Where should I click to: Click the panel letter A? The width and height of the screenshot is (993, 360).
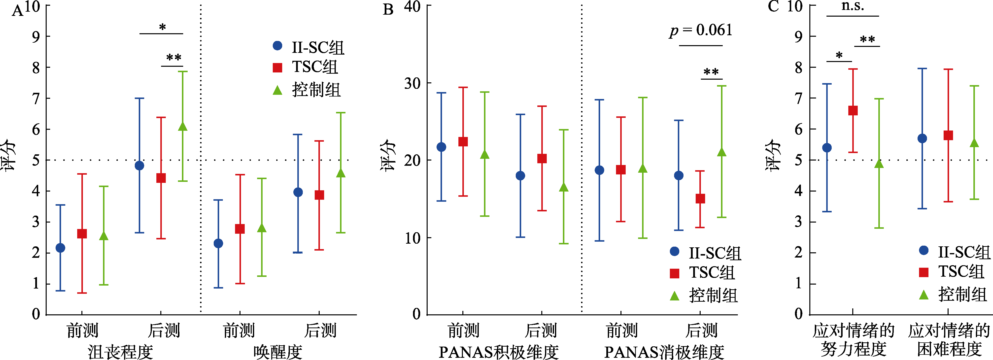point(17,11)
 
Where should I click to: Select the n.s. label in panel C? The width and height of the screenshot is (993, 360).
point(852,6)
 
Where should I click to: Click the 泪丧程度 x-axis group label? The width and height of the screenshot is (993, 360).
point(120,351)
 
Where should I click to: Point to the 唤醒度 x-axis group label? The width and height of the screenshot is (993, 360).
point(277,351)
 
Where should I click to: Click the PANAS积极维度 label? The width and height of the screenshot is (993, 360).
point(498,351)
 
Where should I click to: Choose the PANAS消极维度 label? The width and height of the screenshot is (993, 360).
point(664,351)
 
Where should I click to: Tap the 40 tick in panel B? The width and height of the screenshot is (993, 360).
point(412,6)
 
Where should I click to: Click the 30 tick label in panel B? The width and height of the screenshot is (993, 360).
point(412,83)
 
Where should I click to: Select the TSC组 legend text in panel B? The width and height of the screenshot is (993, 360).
point(712,272)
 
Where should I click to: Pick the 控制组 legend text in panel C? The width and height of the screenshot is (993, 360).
point(962,295)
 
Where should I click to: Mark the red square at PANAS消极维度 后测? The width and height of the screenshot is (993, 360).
point(700,198)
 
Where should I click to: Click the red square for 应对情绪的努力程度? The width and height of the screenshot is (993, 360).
point(853,111)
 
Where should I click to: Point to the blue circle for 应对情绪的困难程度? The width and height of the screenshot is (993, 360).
point(922,138)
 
